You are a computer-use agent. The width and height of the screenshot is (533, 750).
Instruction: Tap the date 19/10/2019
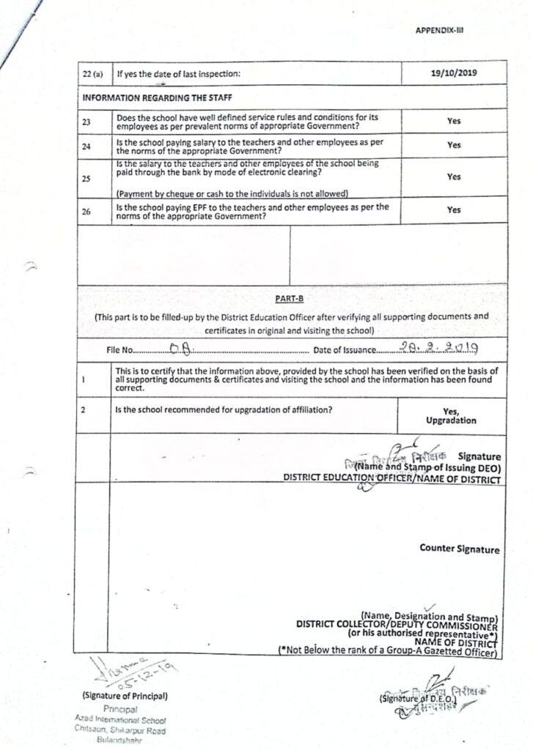coord(454,73)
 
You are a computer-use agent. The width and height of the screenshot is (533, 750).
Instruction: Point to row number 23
coord(87,122)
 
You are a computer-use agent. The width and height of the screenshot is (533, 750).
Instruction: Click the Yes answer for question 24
coord(454,145)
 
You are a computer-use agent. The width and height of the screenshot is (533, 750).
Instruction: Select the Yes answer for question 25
coord(454,177)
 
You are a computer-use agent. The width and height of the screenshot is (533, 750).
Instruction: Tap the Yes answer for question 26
coord(454,209)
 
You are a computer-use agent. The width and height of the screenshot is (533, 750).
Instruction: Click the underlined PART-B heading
coord(286,298)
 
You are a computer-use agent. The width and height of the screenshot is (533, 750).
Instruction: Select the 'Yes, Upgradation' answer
coord(451,416)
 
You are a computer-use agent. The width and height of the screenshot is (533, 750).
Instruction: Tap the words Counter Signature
coord(460,549)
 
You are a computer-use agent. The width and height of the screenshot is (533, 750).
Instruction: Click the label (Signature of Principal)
coord(125,695)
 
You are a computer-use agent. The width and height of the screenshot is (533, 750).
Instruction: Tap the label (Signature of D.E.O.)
coord(417,699)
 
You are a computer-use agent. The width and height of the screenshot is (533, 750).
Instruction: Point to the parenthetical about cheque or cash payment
coord(232,193)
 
